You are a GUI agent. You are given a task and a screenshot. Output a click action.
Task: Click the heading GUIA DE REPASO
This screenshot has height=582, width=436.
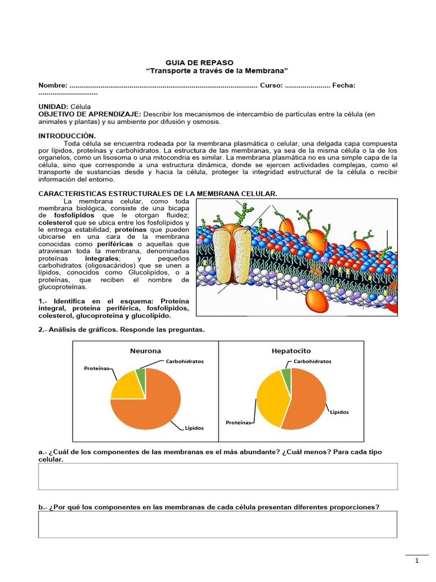pos(199,62)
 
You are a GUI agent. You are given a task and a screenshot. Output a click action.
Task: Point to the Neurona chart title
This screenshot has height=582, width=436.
pos(145,351)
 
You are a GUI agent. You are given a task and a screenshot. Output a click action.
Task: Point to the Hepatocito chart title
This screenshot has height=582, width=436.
pos(291,351)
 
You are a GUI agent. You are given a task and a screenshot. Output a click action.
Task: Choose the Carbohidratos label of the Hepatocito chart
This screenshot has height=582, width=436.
pos(312,361)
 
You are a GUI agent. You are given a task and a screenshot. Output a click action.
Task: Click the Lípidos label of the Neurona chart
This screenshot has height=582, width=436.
pos(194,428)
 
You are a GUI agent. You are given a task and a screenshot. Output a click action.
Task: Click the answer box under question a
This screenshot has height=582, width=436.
pos(218,476)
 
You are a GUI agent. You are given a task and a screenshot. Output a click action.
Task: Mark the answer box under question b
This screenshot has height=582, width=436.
pos(218,524)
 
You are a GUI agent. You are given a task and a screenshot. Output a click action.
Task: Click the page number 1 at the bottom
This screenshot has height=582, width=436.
pos(417,561)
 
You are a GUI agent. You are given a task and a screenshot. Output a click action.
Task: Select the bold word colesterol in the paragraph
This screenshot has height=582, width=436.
pos(55,223)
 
